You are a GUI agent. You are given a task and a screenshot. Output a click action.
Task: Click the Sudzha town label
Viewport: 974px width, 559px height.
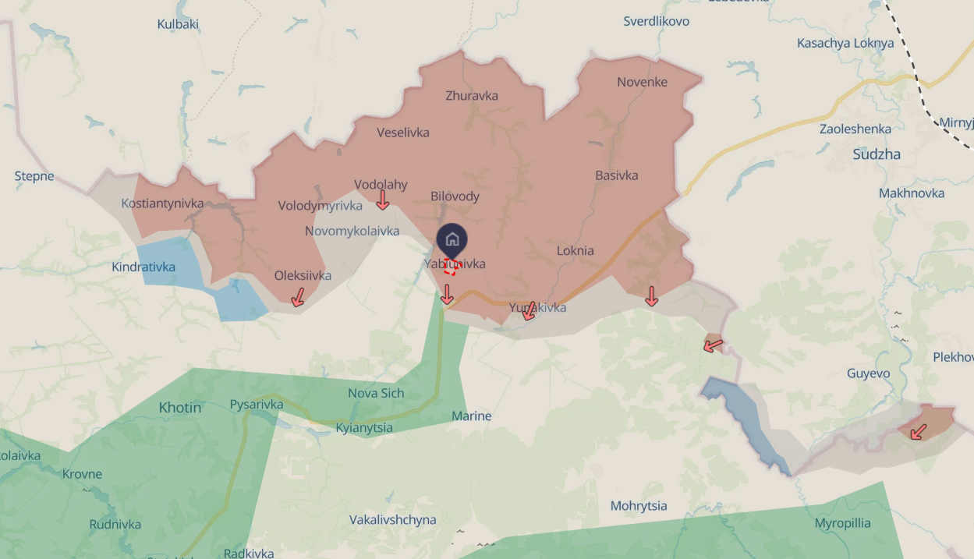(877, 154)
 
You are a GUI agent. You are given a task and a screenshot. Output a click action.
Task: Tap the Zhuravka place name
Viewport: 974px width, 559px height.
(472, 96)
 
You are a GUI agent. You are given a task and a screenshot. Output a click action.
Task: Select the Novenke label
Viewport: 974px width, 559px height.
(642, 82)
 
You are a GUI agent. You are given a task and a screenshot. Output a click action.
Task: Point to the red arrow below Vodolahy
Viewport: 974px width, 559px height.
(382, 200)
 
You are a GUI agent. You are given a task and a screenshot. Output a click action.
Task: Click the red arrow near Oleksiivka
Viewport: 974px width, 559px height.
(297, 297)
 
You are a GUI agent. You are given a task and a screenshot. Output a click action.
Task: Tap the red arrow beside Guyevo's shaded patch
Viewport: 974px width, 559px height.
(919, 431)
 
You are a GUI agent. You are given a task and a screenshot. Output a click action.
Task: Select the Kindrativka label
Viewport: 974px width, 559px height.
(143, 267)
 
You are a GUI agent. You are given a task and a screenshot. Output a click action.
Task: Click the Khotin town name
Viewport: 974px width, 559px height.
(180, 407)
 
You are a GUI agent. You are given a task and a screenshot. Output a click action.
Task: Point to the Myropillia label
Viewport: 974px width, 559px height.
(842, 523)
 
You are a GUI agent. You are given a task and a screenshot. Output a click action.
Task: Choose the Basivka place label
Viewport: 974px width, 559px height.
(616, 175)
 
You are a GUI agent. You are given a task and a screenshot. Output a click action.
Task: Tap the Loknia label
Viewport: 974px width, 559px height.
(576, 251)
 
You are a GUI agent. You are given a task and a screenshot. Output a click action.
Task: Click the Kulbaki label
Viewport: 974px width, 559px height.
(178, 24)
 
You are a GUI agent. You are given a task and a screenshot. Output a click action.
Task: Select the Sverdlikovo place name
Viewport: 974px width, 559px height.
(656, 21)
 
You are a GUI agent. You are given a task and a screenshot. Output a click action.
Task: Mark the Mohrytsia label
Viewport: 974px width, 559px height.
(639, 506)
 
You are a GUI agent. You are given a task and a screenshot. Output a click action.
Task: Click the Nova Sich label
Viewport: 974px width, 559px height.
(376, 393)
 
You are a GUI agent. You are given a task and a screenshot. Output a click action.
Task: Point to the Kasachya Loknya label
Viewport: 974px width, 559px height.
(845, 43)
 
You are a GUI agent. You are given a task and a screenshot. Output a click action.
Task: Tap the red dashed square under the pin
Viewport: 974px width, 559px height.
(450, 268)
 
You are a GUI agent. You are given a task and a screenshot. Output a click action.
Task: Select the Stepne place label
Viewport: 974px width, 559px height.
(34, 176)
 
